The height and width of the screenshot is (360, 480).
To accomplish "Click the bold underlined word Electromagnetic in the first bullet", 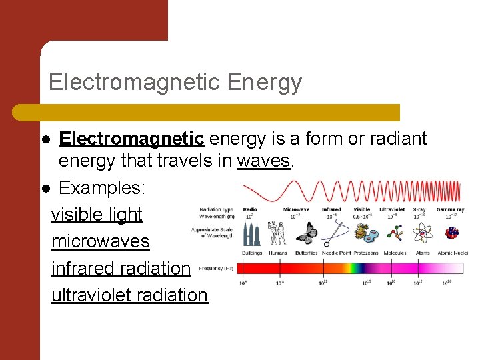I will pyautogui.click(x=131, y=139).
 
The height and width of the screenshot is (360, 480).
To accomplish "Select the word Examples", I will pyautogui.click(x=102, y=188).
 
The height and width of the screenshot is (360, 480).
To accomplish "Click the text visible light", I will pyautogui.click(x=97, y=215).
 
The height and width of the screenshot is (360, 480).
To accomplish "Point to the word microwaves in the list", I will pyautogui.click(x=101, y=241).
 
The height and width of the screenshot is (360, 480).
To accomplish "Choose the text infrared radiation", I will pyautogui.click(x=121, y=268).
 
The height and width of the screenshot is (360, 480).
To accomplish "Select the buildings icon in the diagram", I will pyautogui.click(x=251, y=233).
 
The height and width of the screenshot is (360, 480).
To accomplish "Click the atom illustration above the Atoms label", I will pyautogui.click(x=423, y=233).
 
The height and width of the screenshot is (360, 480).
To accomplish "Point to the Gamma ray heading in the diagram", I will pyautogui.click(x=450, y=209).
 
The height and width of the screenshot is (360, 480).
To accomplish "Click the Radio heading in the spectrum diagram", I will pyautogui.click(x=250, y=209).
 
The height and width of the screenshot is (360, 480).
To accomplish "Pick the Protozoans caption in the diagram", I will pyautogui.click(x=366, y=253).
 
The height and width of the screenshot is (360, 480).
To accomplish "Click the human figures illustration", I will pyautogui.click(x=277, y=233).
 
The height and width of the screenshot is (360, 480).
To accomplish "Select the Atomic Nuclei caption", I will pyautogui.click(x=453, y=253).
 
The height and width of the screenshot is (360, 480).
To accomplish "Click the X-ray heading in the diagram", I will pyautogui.click(x=419, y=209).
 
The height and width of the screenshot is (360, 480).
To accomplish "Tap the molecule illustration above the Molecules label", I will pyautogui.click(x=395, y=233).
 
